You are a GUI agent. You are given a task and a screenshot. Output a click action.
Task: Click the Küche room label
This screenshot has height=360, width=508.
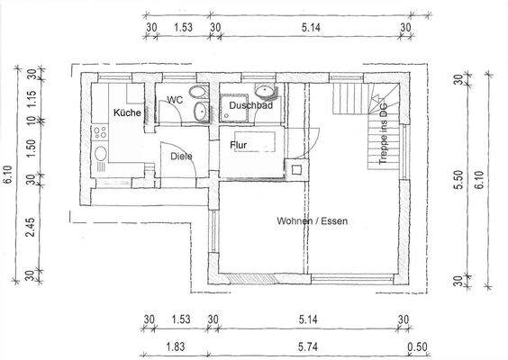pyautogui.click(x=126, y=112)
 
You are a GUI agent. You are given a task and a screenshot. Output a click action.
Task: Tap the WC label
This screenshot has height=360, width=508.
pyautogui.click(x=175, y=100)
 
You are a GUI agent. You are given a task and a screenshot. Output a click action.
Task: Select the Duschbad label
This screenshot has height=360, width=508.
pyautogui.click(x=250, y=106)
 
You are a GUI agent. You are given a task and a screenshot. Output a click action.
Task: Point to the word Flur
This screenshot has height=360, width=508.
pyautogui.click(x=239, y=145)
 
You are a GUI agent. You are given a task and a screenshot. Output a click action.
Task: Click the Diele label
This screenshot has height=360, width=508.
pyautogui.click(x=181, y=156)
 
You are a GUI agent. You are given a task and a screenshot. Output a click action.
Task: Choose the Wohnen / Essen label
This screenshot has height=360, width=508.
pyautogui.click(x=312, y=220)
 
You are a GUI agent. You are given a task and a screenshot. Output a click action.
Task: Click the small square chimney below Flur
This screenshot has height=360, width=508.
pyautogui.click(x=294, y=168)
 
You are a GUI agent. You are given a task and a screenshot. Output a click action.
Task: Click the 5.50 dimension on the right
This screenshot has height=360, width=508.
pyautogui.click(x=458, y=180)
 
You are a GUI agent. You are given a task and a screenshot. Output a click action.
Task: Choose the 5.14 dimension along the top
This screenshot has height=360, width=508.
pyautogui.click(x=308, y=28)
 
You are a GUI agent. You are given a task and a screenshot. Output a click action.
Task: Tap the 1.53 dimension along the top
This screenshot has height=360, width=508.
pyautogui.click(x=182, y=28)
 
